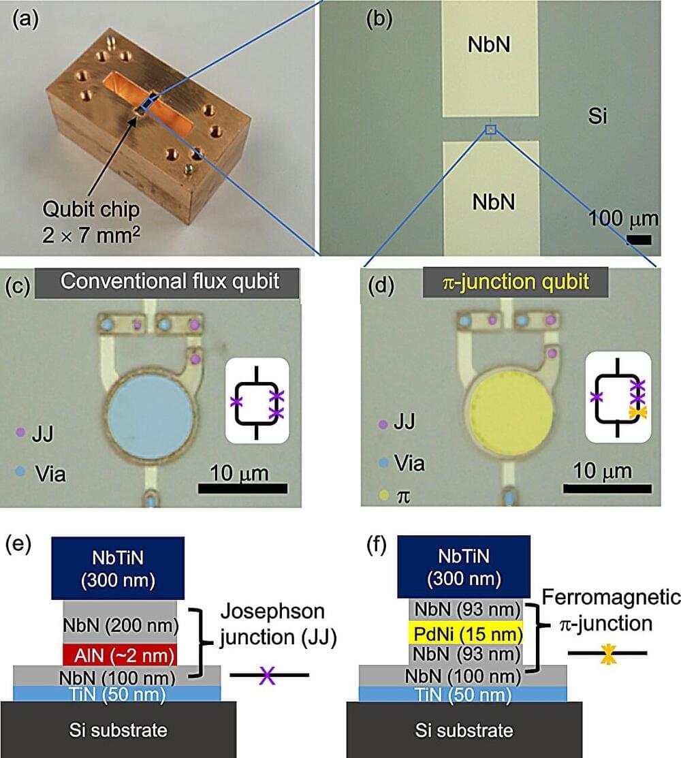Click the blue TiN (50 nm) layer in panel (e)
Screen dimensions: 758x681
click(x=117, y=693)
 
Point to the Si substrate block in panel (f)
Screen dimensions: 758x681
click(x=464, y=730)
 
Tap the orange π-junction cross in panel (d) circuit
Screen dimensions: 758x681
click(x=637, y=412)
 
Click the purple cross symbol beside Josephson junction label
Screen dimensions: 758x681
click(x=270, y=676)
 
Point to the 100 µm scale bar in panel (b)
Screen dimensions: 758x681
click(x=639, y=240)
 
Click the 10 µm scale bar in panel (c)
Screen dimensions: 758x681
click(x=242, y=488)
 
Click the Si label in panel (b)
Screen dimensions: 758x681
click(x=597, y=118)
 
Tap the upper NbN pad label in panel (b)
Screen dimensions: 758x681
click(x=490, y=46)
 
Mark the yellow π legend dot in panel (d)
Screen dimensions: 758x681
click(x=384, y=498)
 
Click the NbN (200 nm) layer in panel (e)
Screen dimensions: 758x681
click(x=120, y=623)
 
